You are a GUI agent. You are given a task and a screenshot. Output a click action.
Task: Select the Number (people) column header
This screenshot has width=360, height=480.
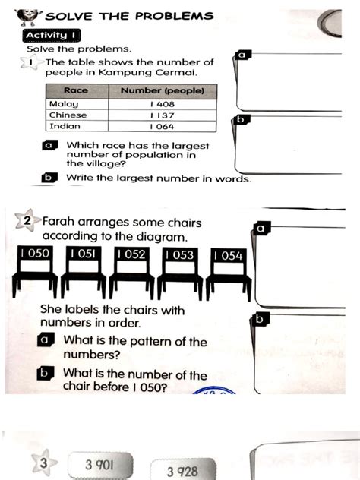[162, 90]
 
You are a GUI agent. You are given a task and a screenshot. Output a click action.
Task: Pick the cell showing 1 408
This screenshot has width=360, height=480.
[162, 103]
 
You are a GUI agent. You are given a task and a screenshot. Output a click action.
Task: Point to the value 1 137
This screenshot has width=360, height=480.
[162, 115]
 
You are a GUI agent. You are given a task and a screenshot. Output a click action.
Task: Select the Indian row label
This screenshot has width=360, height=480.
[64, 126]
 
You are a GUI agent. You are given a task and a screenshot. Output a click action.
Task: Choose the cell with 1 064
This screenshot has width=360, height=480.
[162, 127]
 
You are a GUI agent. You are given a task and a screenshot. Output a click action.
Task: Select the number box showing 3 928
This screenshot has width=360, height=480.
[182, 471]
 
